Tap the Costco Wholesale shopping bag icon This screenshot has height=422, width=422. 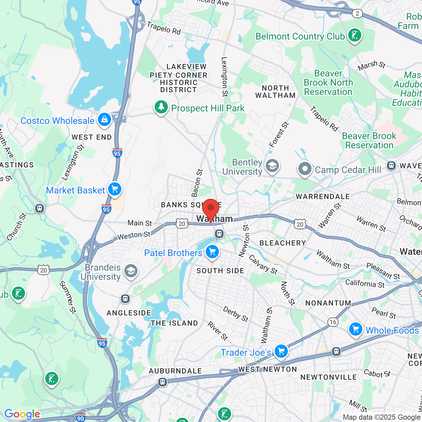(105, 119)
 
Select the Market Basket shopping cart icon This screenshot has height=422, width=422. (115, 189)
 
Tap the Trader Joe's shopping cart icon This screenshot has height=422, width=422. (281, 351)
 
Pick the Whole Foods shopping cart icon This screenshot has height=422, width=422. (355, 329)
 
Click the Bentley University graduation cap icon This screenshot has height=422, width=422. (272, 166)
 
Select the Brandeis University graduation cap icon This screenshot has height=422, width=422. (131, 271)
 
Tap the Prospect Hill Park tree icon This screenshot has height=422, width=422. (161, 107)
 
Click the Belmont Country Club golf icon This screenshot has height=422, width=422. (354, 35)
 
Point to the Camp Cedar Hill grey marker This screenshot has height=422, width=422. (305, 169)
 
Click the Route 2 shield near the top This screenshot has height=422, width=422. (357, 14)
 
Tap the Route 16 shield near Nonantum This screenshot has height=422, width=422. (333, 322)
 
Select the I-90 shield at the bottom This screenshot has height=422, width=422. (80, 418)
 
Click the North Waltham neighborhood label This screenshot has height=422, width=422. (275, 92)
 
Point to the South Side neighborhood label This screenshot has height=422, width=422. (220, 271)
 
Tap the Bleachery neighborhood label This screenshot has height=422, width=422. (283, 243)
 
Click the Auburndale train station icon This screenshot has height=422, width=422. (162, 382)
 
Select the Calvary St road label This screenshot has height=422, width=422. (263, 264)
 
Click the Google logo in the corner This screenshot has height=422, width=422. (22, 414)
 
